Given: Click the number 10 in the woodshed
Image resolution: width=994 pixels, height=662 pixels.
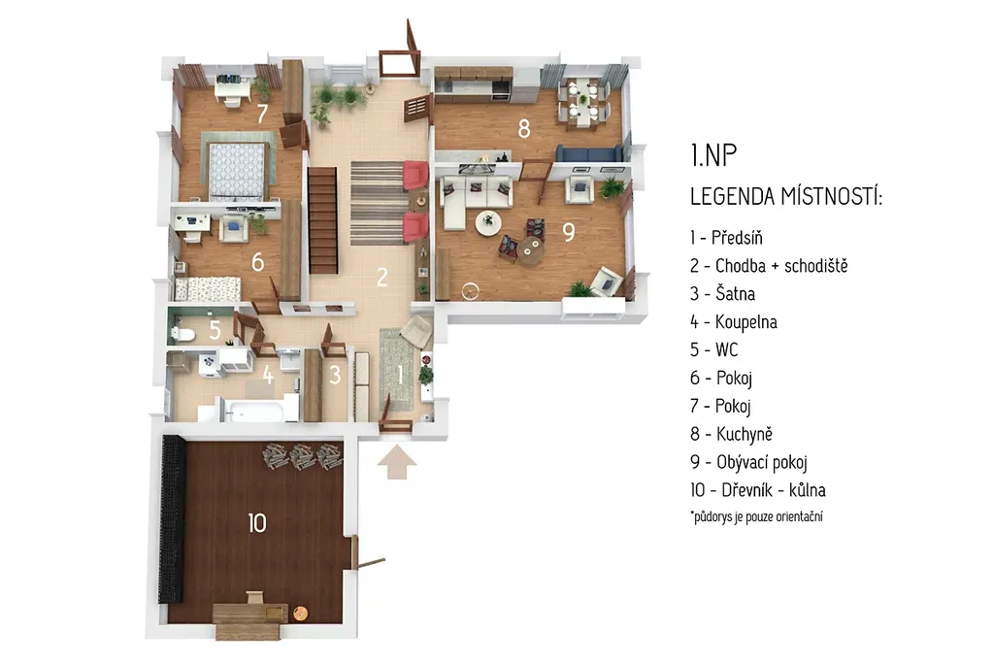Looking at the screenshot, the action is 256,523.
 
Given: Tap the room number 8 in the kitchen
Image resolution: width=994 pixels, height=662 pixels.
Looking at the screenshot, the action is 523,129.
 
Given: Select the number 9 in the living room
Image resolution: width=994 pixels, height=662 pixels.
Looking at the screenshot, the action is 569,231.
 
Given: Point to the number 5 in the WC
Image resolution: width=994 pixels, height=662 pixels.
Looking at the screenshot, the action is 215,330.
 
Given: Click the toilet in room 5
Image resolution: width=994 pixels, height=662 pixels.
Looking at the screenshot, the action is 182,334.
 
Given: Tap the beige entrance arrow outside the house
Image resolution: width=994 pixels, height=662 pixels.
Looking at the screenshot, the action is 397,462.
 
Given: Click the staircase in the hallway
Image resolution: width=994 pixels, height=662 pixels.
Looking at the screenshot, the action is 322,220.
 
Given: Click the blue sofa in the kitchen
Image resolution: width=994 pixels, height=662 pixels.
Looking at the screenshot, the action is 589,153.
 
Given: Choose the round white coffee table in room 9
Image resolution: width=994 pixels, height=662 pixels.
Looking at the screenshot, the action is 489,222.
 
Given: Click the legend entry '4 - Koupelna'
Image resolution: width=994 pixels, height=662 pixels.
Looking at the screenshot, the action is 734,322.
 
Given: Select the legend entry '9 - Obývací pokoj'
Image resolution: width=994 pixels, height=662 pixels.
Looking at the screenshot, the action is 748,462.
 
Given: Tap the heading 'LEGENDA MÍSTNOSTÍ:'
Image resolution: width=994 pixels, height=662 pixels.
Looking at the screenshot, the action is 786,197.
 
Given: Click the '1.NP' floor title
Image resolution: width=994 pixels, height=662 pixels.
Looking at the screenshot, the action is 713,155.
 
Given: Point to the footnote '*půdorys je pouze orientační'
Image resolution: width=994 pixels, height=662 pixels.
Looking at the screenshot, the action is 756,516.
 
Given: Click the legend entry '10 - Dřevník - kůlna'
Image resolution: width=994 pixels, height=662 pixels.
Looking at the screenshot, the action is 757,490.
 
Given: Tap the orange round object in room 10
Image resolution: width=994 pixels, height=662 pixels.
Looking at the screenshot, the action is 300,613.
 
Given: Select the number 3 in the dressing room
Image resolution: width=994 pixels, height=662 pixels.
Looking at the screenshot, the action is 335,376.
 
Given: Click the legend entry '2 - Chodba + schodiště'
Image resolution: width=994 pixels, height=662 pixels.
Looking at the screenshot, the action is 769,266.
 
